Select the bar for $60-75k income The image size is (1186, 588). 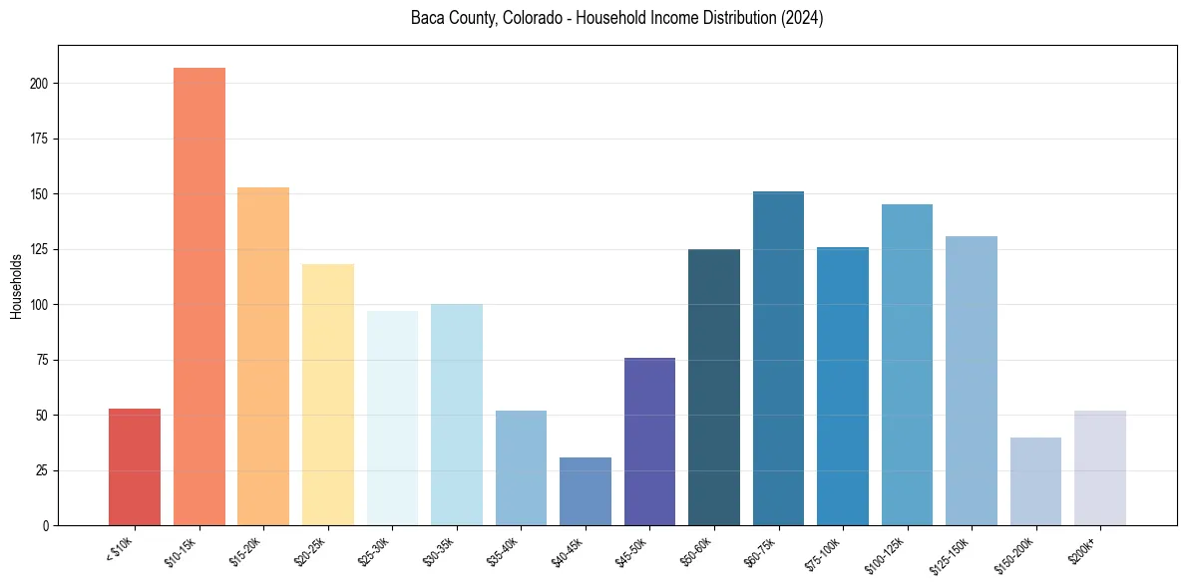[778, 358]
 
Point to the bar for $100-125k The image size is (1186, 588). [907, 365]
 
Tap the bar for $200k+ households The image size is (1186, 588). [1100, 467]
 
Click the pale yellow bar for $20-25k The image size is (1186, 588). [328, 395]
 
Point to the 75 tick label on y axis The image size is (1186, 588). [43, 360]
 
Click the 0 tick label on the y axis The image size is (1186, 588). [46, 525]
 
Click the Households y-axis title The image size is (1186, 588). [16, 286]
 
